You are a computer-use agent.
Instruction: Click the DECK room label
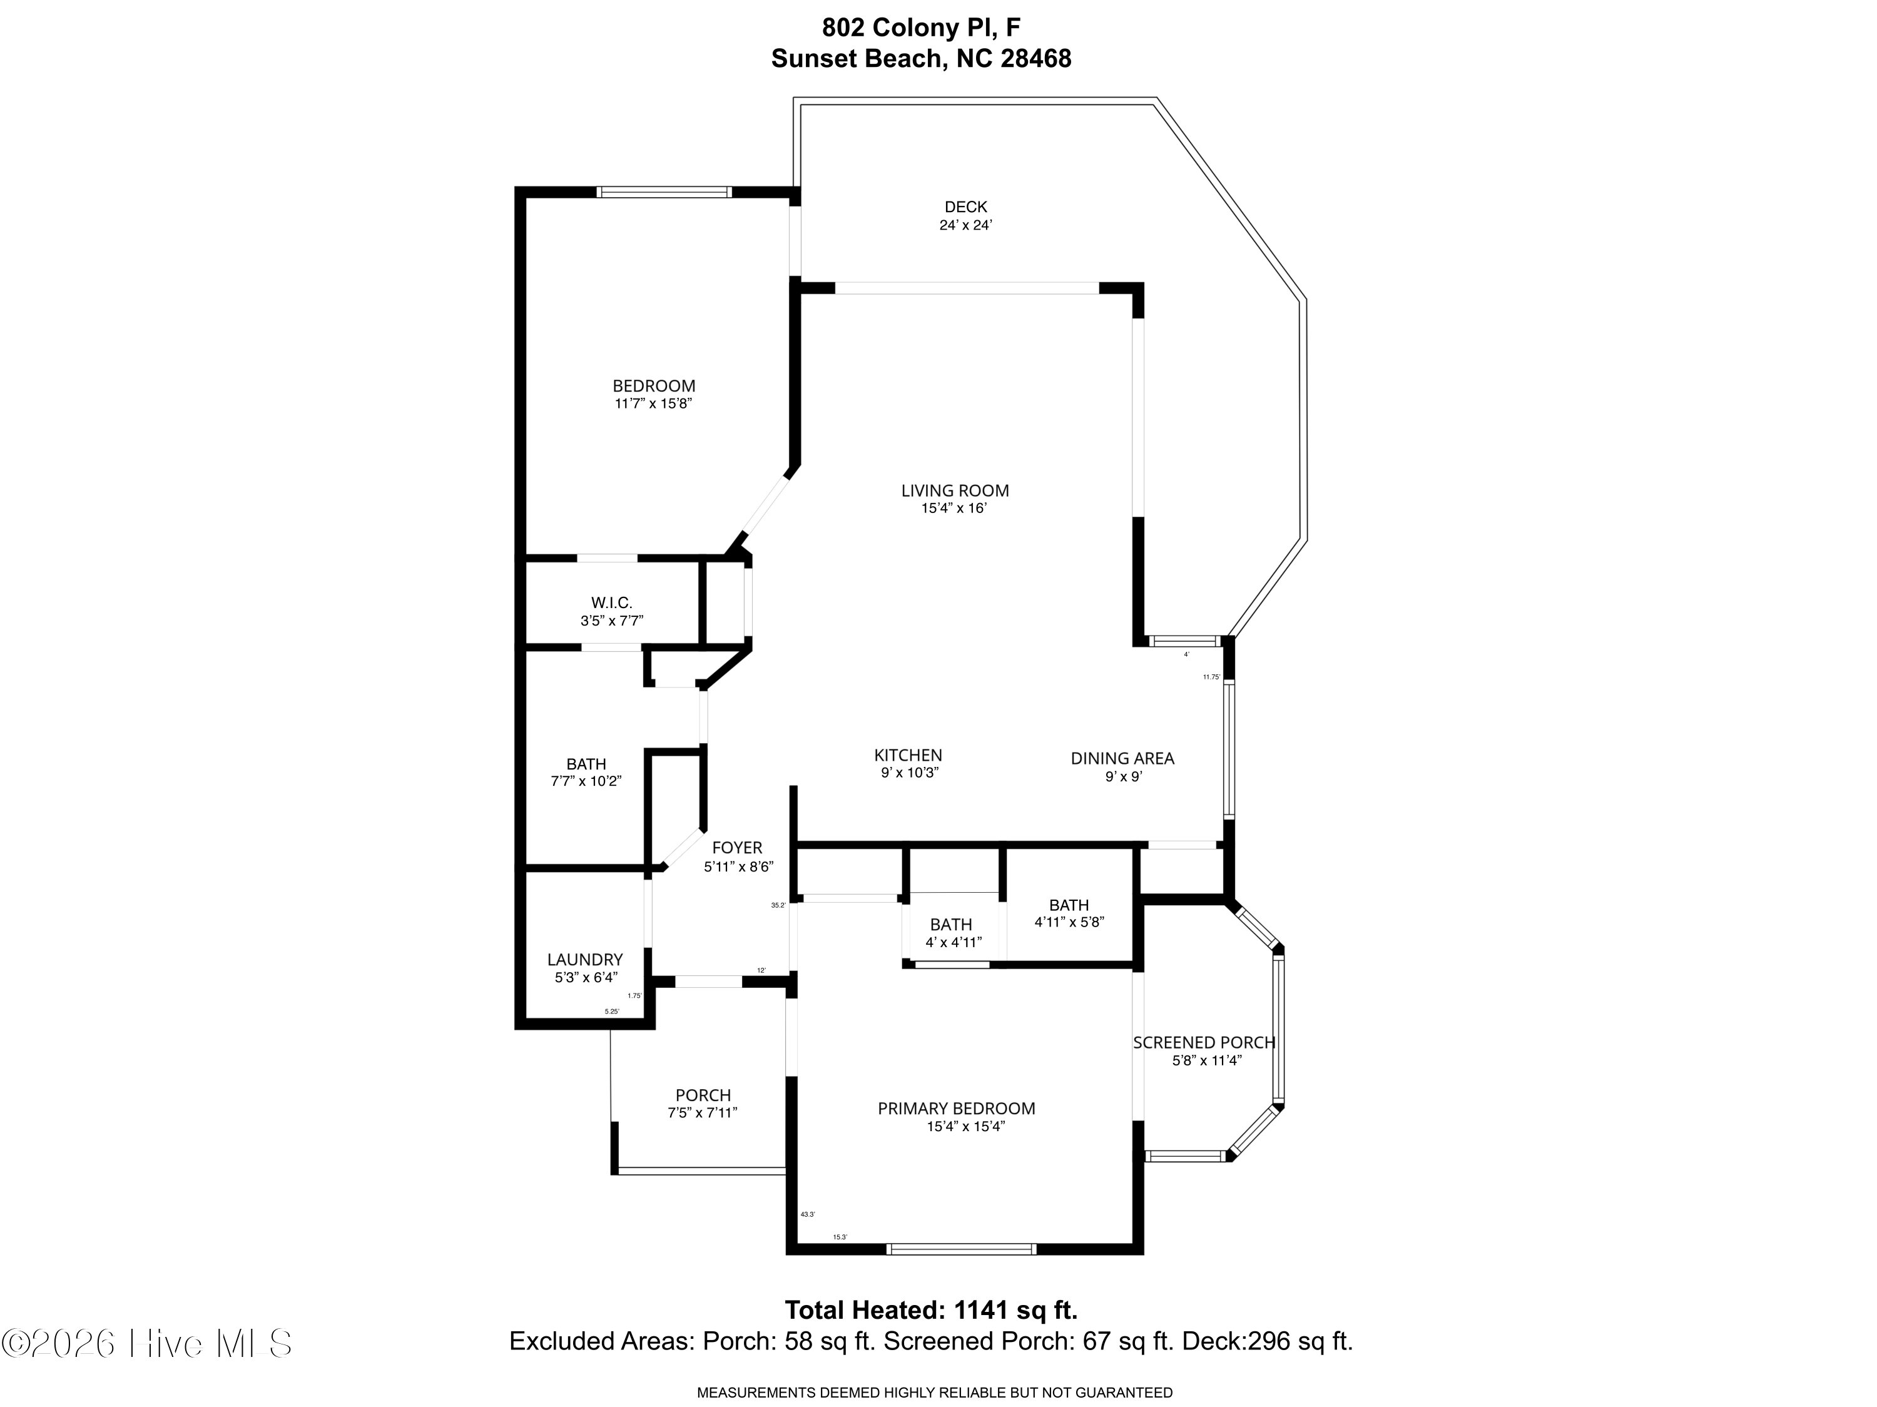point(965,206)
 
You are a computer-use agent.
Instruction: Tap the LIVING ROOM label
point(955,490)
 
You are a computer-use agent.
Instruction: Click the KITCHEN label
point(908,755)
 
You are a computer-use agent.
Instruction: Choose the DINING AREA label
point(1122,759)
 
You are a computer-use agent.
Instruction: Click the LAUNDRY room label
point(584,960)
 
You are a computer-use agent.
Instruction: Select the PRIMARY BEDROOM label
point(956,1109)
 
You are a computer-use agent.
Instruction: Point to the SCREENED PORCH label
point(1204,1043)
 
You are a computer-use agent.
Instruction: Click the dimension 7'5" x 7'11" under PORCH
point(702,1112)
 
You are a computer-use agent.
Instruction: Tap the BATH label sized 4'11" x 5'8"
point(1069,905)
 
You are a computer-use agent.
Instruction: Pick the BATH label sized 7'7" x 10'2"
point(586,764)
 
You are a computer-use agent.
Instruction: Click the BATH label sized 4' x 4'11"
point(950,925)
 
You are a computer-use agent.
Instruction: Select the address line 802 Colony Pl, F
point(921,28)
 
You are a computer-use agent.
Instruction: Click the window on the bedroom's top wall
point(664,193)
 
